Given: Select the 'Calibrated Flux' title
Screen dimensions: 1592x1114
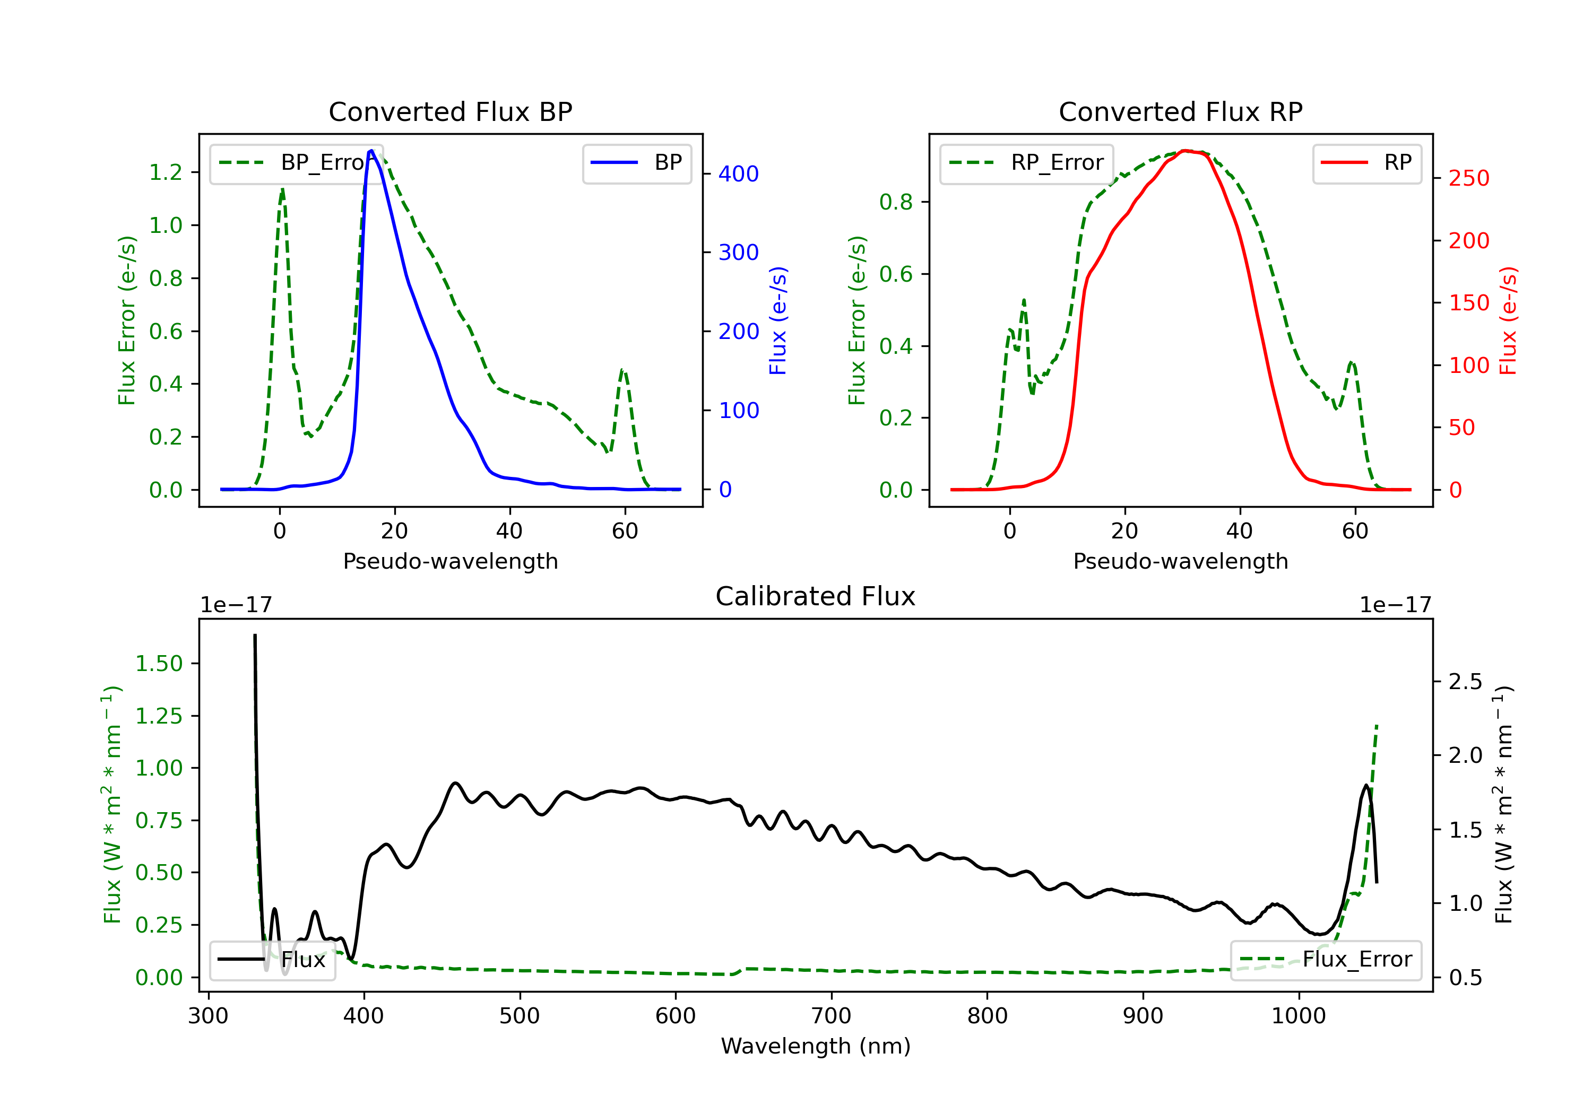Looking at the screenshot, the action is pos(816,597).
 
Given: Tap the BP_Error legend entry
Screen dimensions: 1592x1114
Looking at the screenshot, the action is pos(292,163).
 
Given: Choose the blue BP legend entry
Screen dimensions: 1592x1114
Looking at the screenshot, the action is pos(636,163).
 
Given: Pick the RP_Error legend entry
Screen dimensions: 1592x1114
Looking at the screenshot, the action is pos(1026,163).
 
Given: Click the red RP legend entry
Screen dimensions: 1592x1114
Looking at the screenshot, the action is pos(1366,163).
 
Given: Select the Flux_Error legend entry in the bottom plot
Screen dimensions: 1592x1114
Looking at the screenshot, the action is pos(1326,960).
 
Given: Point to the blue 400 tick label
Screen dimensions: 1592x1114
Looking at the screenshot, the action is pos(739,174).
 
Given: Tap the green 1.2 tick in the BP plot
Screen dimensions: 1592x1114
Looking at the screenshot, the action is pos(166,172).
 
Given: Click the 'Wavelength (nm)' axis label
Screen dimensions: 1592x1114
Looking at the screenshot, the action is pos(816,1046).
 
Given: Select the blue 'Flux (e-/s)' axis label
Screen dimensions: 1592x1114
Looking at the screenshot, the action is pos(778,321).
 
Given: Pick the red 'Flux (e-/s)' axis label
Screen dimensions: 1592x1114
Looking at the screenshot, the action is pos(1509,321).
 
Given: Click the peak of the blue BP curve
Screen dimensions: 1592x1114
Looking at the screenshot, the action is pos(371,151).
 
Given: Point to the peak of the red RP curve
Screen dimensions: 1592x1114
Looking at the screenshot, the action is pos(1186,151).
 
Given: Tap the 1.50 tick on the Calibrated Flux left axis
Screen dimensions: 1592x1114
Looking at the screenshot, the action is pos(159,664).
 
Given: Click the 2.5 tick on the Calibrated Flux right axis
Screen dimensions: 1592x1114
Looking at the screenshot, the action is pos(1465,682).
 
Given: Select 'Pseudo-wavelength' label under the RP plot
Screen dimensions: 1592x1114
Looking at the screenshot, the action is pos(1181,561).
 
